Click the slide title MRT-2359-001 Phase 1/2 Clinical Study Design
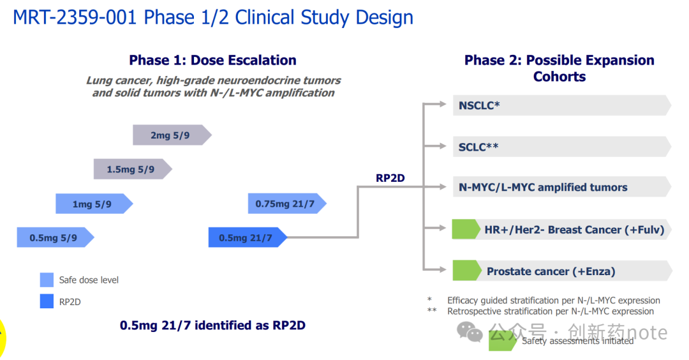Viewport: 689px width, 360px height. (x=213, y=17)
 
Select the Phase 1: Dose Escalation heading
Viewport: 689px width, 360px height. (x=212, y=61)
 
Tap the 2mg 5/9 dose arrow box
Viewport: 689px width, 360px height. (x=170, y=135)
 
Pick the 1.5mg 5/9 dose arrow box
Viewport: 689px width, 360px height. (x=131, y=169)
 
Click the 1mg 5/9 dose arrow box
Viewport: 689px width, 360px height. (x=93, y=204)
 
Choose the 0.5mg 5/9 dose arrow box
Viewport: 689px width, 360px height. (x=54, y=237)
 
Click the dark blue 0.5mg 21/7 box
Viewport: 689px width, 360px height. (x=246, y=237)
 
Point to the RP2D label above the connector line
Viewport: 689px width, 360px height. (x=390, y=178)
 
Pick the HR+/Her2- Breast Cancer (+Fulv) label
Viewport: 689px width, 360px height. (x=574, y=230)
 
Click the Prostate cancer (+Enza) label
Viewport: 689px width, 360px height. (x=551, y=271)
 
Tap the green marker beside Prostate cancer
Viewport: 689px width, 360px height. (x=466, y=271)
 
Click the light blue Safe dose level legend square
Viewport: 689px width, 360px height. (x=47, y=280)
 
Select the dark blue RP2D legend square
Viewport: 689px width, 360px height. (x=47, y=302)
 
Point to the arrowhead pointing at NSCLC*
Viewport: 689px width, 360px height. (x=442, y=105)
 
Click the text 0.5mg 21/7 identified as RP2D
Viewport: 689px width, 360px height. (x=212, y=326)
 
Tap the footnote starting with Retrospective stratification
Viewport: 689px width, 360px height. (x=550, y=311)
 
